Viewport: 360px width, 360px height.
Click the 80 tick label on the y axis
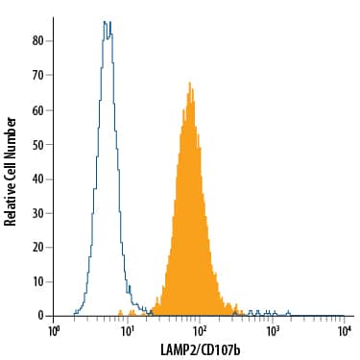(36, 41)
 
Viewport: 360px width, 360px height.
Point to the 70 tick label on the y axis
(36, 75)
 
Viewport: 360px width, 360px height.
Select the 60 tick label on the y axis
(36, 109)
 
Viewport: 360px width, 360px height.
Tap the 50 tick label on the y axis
(36, 144)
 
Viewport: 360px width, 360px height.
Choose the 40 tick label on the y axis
(36, 178)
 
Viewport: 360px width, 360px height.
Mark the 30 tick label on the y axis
(36, 212)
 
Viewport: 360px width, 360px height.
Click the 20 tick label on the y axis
(36, 247)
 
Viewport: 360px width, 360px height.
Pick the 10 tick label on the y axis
(36, 280)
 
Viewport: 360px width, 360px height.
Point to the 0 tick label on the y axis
(39, 315)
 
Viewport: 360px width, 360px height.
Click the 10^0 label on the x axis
(55, 331)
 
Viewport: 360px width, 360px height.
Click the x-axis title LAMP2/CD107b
(199, 348)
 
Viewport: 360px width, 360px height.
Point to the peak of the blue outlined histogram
(108, 22)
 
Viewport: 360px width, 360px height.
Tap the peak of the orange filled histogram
(190, 84)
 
